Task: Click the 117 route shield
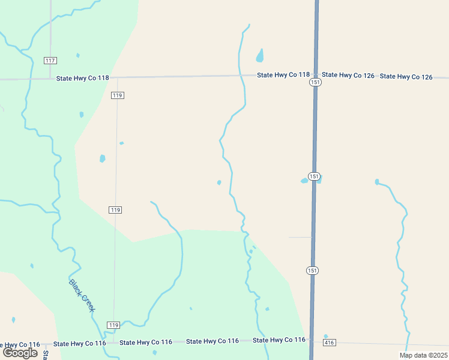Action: coord(50,61)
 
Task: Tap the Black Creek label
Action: coord(82,295)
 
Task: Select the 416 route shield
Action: coord(328,343)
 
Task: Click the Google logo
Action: coord(20,353)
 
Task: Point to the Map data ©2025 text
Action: coord(423,355)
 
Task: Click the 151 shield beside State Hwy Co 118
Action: coord(315,82)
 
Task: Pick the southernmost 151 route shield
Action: coord(312,271)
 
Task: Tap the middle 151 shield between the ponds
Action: coord(314,176)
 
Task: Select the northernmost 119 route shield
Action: coord(118,95)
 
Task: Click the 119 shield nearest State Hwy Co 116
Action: coord(113,325)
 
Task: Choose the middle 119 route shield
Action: coord(116,210)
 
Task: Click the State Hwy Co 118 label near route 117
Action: coord(83,78)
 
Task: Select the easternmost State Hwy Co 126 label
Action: coord(406,76)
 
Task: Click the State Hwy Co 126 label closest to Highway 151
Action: coord(348,75)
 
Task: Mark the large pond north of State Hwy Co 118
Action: coord(260,56)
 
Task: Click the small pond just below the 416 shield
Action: coord(325,337)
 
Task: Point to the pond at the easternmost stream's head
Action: coord(377,182)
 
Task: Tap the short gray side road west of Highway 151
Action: coord(300,237)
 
